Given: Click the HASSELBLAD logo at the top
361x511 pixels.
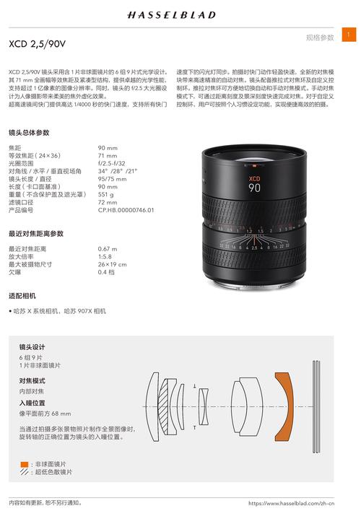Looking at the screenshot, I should pos(180,14).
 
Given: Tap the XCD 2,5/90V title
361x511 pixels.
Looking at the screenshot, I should pos(37,44).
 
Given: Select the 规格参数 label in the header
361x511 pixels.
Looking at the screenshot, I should pos(320,37).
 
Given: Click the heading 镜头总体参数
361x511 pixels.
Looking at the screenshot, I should pos(29,133).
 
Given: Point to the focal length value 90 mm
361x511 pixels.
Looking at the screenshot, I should pos(108,148).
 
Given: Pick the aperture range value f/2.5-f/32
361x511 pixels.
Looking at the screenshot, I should pos(112,163).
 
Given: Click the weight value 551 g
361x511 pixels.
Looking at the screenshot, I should pos(106,194).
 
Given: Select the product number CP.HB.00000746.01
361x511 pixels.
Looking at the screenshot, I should pos(126,210).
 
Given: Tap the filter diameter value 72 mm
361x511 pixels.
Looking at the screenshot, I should pos(108,202).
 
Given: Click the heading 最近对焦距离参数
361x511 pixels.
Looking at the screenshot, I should pos(36,234).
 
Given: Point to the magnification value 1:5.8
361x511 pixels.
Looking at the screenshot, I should pos(106,256).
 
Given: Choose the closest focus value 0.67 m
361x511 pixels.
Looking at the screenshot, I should pos(108,249).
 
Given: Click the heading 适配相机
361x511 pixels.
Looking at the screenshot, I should pos(22,296).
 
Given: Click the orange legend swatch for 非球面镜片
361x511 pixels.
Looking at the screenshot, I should pos(25,463).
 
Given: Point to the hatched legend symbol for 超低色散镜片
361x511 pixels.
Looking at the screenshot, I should pos(25,472).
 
